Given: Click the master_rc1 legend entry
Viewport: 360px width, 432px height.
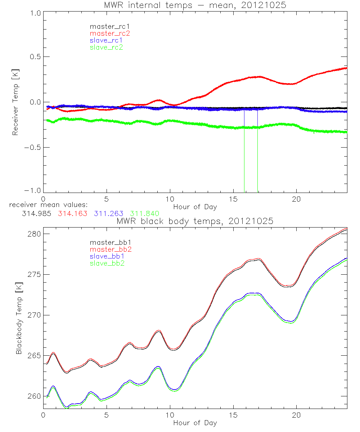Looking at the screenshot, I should [106, 26].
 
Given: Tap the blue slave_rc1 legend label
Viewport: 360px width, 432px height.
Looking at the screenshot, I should [106, 40].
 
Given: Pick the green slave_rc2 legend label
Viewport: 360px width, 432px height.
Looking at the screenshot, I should [106, 47].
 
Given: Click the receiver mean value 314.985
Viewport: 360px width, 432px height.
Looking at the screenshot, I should [36, 213].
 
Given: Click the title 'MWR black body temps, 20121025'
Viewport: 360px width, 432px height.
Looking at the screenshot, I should [195, 221].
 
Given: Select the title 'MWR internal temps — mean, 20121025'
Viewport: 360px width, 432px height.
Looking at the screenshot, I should [195, 5].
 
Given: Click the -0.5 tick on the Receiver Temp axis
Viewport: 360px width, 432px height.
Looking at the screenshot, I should [32, 148].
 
